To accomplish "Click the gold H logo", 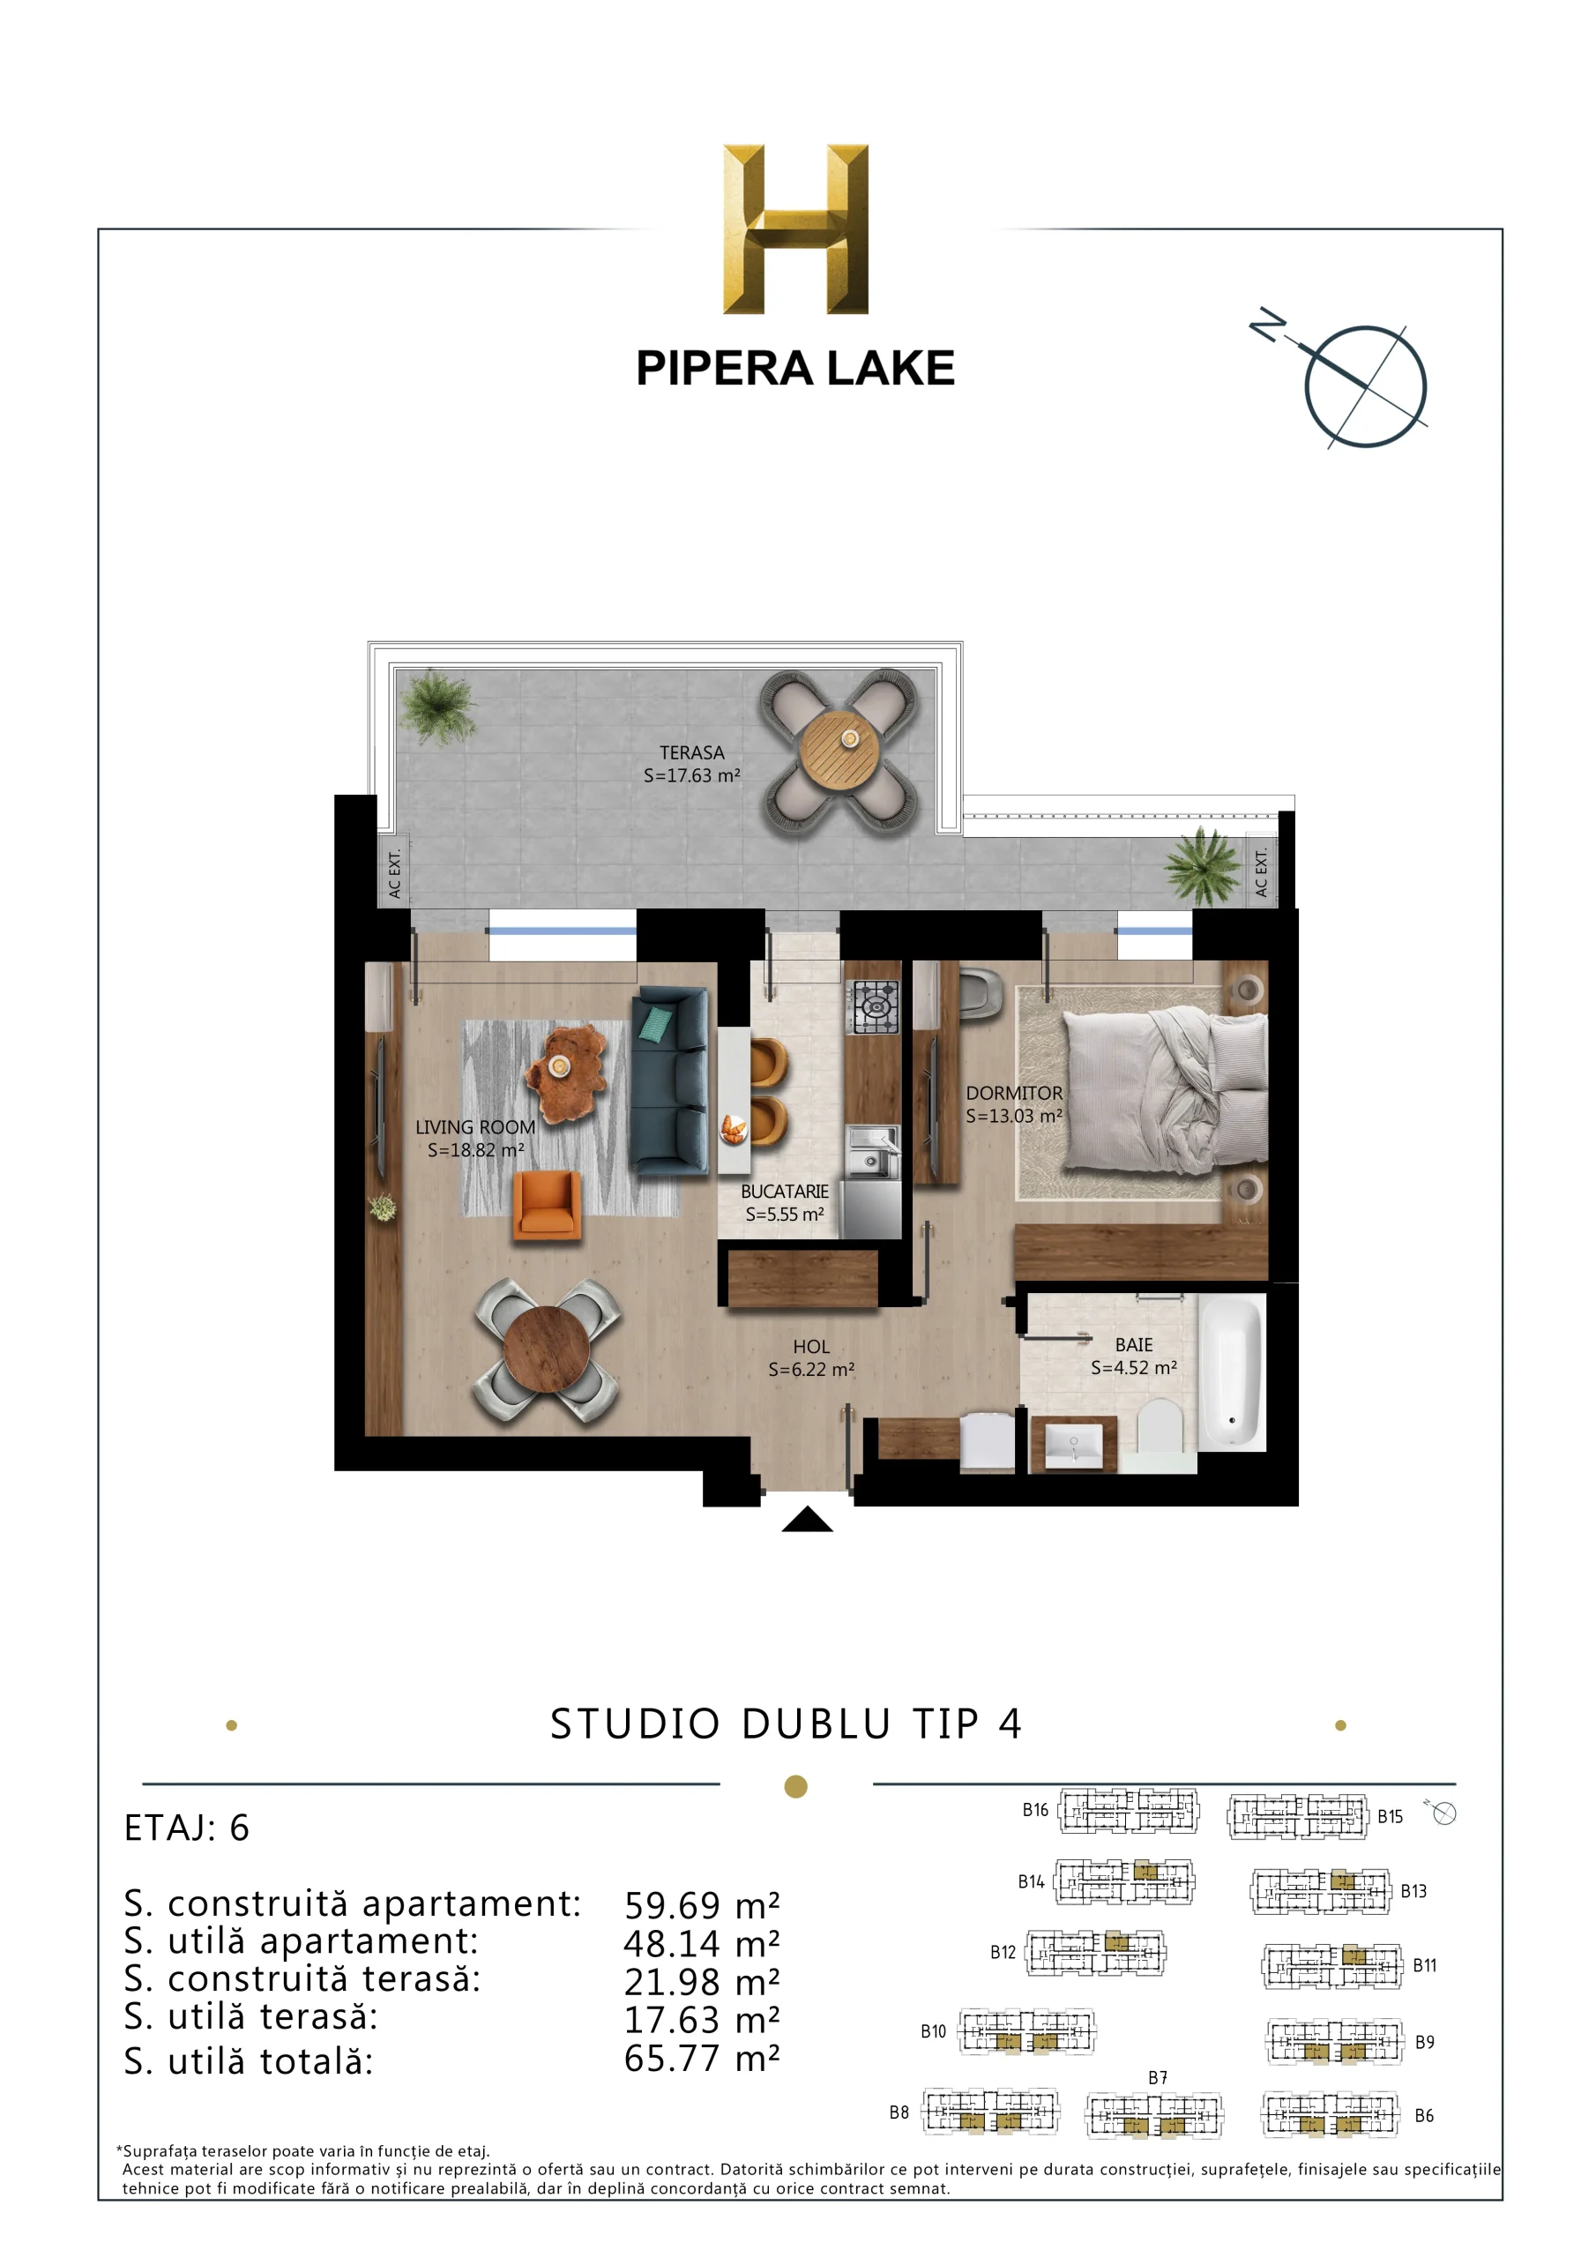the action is tap(795, 229).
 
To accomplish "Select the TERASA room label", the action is tap(691, 752).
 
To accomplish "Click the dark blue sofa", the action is tap(669, 1081).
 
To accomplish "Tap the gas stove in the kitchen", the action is tap(874, 1006).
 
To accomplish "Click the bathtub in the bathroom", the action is tap(1230, 1372).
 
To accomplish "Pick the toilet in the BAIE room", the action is tap(1160, 1426).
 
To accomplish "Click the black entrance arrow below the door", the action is tap(808, 1519).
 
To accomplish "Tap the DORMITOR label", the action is tap(1014, 1093).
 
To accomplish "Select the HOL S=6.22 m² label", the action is tap(811, 1357).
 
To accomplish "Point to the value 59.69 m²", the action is tap(702, 1906).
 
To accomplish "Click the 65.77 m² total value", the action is tap(702, 2059).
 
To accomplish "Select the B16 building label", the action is tap(1035, 1810).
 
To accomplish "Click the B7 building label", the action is tap(1158, 2077).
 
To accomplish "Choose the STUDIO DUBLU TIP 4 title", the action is tap(787, 1724).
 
